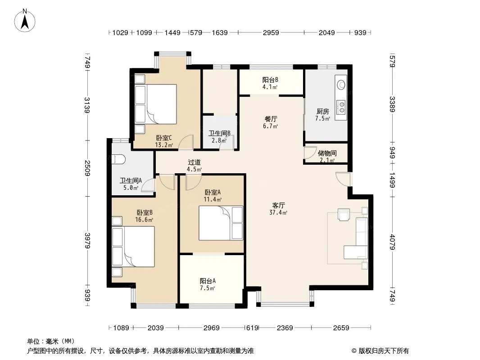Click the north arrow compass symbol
coord(25,21)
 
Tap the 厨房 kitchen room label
coord(323,112)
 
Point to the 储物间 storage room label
coord(327,153)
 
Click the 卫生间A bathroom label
coord(131,180)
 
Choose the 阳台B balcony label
coord(270,80)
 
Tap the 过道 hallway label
coord(194,162)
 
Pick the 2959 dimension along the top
coord(271,32)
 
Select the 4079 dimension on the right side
coord(393,242)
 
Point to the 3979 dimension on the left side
coord(87,240)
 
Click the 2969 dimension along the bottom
coord(212,328)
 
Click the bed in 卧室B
coord(133,247)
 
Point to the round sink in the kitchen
coord(341,85)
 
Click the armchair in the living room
coord(344,214)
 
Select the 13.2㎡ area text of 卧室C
coord(164,145)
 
